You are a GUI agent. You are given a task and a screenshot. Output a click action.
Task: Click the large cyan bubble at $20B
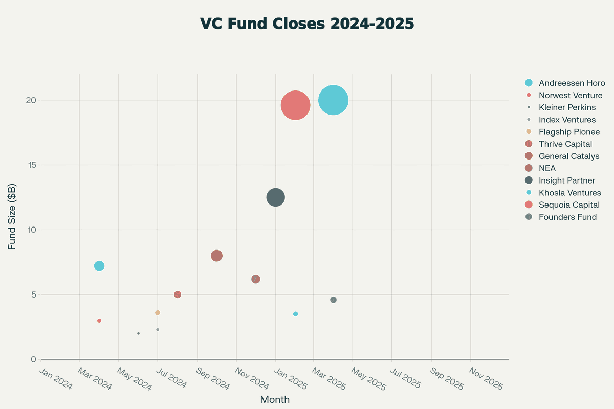pyautogui.click(x=333, y=100)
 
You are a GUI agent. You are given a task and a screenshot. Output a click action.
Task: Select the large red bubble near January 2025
pyautogui.click(x=295, y=105)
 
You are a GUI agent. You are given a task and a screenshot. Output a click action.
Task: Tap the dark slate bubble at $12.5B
pyautogui.click(x=276, y=197)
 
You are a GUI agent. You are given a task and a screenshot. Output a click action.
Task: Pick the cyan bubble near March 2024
pyautogui.click(x=99, y=266)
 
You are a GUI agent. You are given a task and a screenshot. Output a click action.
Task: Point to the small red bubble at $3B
pyautogui.click(x=99, y=321)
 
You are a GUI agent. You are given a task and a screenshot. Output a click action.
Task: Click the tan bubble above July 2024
pyautogui.click(x=158, y=312)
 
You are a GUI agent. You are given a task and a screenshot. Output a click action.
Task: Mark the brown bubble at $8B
pyautogui.click(x=216, y=256)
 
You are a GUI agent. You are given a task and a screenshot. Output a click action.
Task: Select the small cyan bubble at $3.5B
pyautogui.click(x=295, y=314)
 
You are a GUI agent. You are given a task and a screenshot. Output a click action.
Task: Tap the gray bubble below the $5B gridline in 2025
pyautogui.click(x=333, y=300)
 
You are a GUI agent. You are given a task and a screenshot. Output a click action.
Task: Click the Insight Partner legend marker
pyautogui.click(x=529, y=180)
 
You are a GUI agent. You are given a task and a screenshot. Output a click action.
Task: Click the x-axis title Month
pyautogui.click(x=275, y=399)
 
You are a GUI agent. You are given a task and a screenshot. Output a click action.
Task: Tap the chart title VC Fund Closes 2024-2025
pyautogui.click(x=306, y=24)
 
